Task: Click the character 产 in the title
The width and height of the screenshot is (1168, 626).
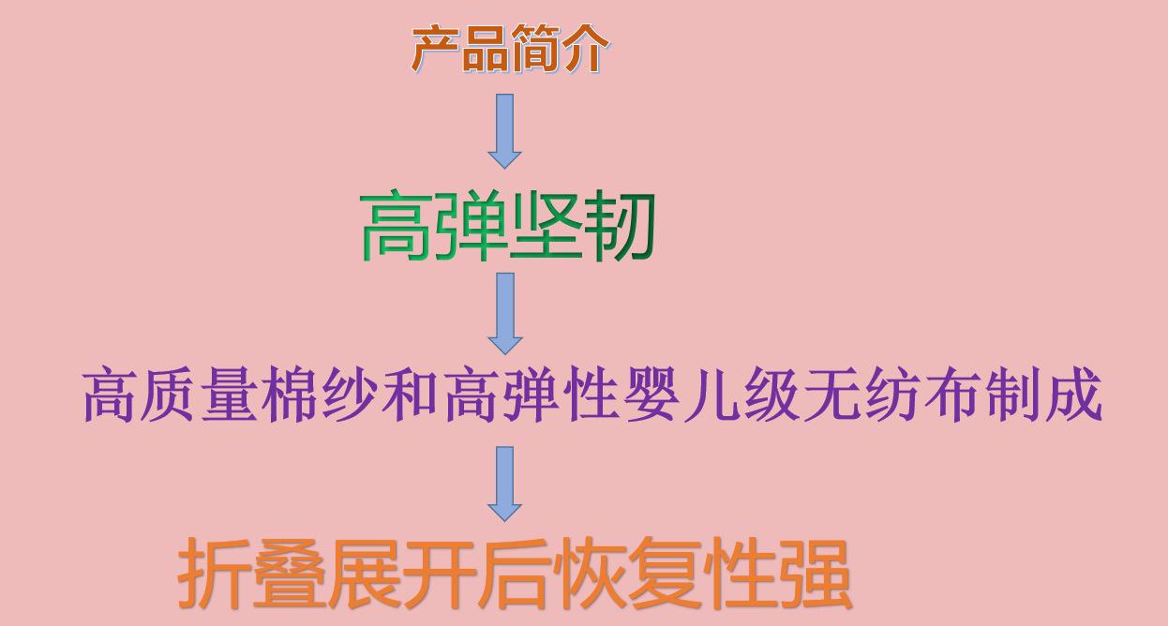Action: coord(435,49)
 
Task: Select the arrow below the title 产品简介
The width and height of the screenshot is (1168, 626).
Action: coord(504,131)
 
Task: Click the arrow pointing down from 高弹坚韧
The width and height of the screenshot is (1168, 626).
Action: coord(504,314)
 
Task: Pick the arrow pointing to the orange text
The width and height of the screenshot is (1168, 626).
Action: coord(504,484)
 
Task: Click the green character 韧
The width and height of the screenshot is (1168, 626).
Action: coord(618,226)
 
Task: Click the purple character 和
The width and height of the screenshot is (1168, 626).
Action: coord(409,394)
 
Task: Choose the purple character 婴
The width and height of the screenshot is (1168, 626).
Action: coord(651,394)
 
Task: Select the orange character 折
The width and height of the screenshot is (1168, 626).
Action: coord(213,573)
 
